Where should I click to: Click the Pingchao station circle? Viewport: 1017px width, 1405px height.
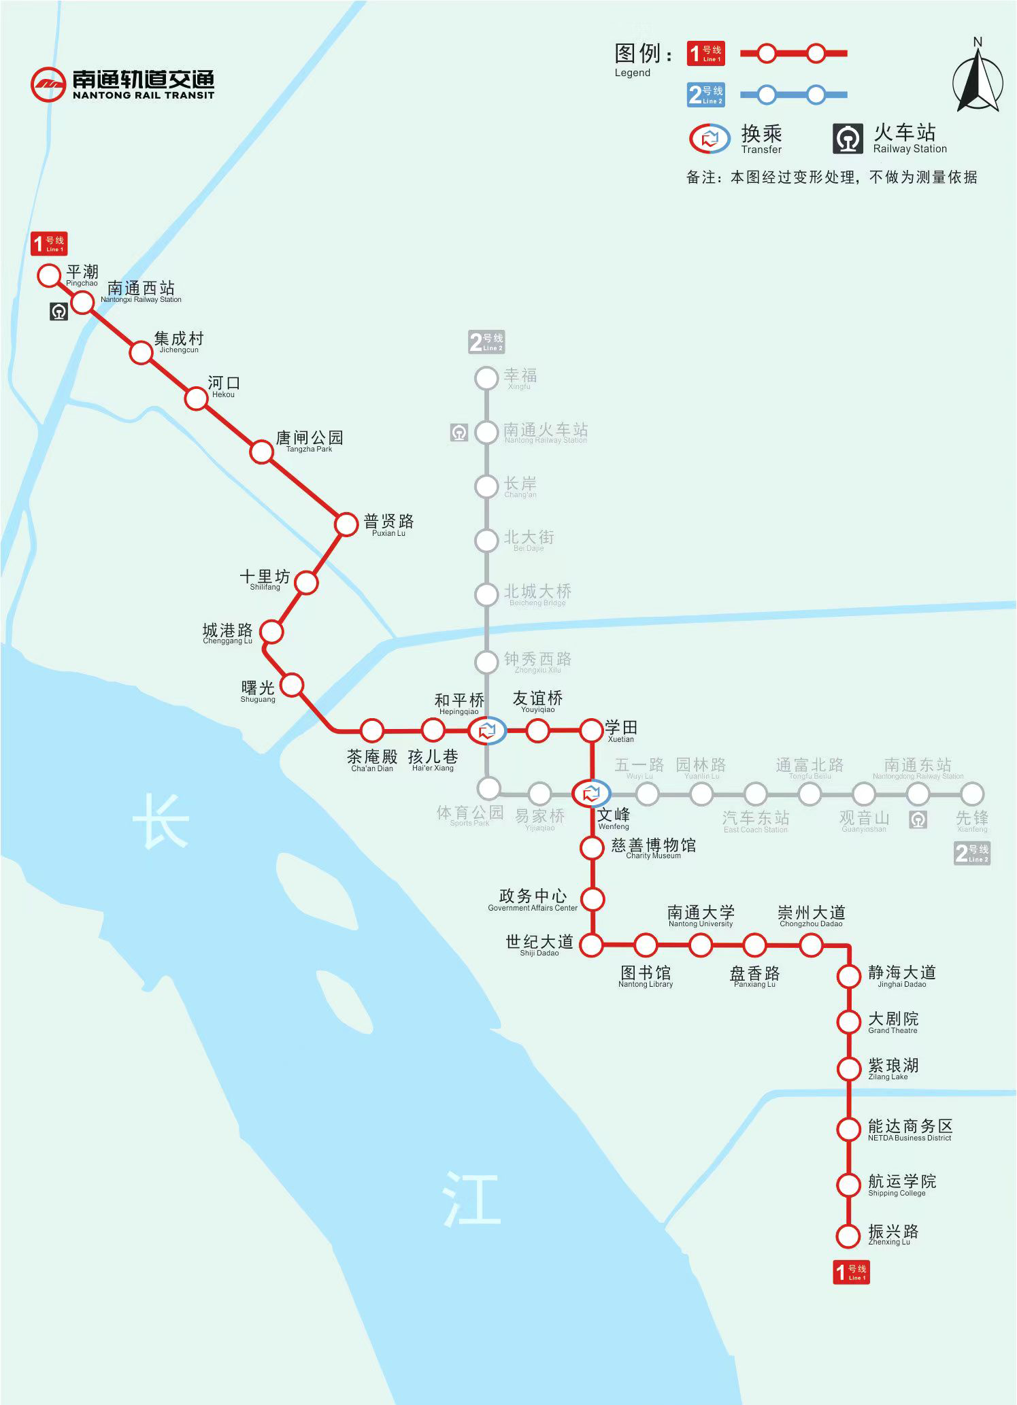pos(49,275)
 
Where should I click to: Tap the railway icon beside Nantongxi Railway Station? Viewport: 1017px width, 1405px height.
pos(59,311)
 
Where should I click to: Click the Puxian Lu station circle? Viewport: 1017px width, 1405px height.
pos(346,524)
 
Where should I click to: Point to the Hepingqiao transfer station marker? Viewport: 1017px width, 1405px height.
pos(487,731)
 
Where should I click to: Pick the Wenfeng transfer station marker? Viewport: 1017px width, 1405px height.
pos(591,793)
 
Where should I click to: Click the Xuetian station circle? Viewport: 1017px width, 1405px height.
pos(592,730)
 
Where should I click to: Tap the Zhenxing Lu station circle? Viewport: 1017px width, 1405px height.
pos(848,1236)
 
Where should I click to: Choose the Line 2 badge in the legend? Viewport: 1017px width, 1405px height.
pos(705,95)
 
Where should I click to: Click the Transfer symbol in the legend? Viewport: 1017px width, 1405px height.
pos(710,139)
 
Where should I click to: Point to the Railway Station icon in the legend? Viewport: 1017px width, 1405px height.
pos(848,139)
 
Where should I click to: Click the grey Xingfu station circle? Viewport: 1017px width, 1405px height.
pos(486,378)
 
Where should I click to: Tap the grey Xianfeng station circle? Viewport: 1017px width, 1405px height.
pos(972,794)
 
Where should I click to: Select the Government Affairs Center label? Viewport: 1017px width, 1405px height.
pos(533,900)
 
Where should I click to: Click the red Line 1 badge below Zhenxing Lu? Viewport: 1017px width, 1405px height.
pos(851,1272)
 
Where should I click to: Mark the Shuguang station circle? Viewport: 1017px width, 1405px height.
pos(292,685)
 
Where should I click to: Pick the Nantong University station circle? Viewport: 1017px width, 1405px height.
pos(701,945)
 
